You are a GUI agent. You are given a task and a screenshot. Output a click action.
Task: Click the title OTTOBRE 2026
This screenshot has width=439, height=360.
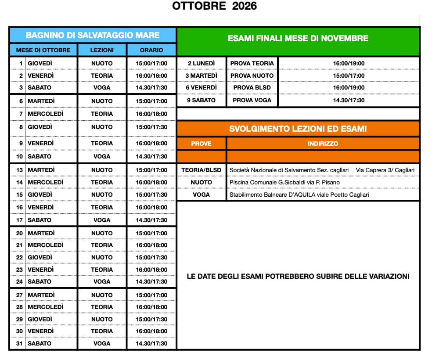coord(214,6)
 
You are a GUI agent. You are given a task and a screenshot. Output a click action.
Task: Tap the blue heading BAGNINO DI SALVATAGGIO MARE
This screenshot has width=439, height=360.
coord(93,35)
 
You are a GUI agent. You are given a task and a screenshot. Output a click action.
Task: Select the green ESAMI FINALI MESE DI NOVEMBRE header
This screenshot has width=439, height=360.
coord(298,39)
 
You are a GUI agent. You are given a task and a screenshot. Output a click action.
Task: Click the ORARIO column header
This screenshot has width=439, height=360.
coord(151,50)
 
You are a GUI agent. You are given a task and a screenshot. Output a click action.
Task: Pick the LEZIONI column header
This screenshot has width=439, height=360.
coord(102,50)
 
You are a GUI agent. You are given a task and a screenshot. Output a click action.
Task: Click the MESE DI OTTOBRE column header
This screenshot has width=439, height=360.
coord(43,50)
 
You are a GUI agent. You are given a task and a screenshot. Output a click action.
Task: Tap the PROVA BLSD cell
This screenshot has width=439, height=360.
coord(252,87)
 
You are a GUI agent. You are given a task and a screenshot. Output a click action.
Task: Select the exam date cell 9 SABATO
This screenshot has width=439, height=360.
coord(201,100)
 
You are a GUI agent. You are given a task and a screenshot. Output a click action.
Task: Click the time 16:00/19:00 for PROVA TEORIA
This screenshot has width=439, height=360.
coord(349,63)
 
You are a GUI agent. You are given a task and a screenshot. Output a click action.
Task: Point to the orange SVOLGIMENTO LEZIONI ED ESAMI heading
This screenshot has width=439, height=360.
coord(298,129)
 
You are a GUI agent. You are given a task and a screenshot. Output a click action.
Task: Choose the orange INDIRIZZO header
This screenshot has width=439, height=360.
coord(323,144)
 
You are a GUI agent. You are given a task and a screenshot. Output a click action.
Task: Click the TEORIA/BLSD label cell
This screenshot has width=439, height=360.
coord(201,170)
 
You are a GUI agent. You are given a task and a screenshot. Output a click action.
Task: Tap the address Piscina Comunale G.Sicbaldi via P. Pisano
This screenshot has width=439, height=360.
coord(284,182)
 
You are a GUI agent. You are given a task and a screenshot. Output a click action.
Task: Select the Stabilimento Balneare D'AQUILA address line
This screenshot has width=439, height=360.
coord(299,194)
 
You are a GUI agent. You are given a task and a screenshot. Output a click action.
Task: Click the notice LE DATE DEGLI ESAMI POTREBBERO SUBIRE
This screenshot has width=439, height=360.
coord(298,277)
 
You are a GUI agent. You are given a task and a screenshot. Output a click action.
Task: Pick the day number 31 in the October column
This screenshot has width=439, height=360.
coord(19,343)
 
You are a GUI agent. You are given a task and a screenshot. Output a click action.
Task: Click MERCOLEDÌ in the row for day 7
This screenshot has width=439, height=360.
coord(45,114)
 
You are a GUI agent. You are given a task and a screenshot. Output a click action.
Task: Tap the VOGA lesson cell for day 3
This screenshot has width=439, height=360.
coord(102,87)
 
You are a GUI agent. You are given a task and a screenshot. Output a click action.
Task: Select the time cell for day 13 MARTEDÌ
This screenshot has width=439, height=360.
coord(151,170)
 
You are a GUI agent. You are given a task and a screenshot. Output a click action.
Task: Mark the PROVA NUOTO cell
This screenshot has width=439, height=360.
coord(252,76)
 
